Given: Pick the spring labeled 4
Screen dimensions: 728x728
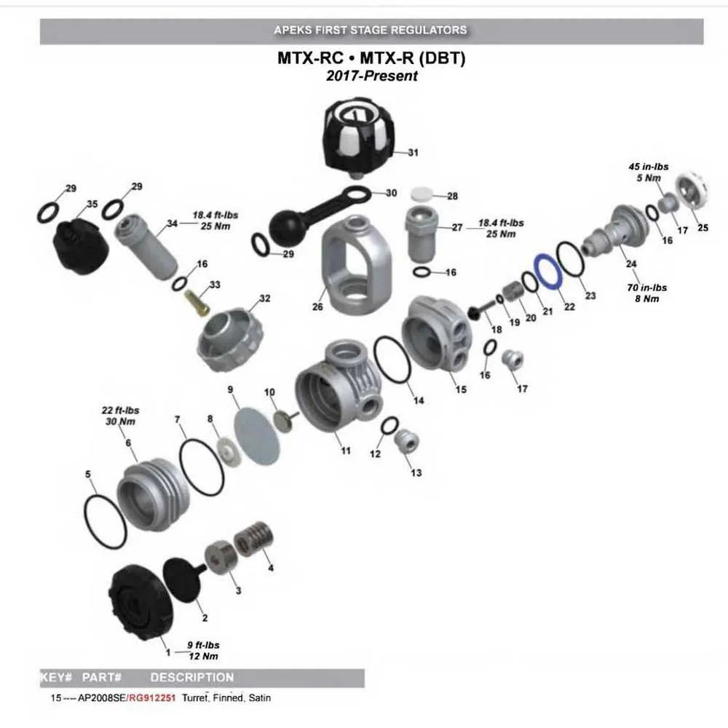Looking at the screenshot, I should tap(252, 539).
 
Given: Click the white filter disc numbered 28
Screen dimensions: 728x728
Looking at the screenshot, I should tap(423, 194).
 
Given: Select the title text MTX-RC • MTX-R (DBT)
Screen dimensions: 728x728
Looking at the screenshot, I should tap(371, 58).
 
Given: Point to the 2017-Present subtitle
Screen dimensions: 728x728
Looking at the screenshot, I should tap(371, 76).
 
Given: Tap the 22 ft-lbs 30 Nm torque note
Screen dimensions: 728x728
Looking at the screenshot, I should tap(120, 416).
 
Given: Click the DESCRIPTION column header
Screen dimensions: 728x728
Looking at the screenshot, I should tap(192, 678).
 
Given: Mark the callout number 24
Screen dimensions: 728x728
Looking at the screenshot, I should tap(630, 264).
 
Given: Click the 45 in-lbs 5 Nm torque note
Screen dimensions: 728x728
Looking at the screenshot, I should tap(649, 173).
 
